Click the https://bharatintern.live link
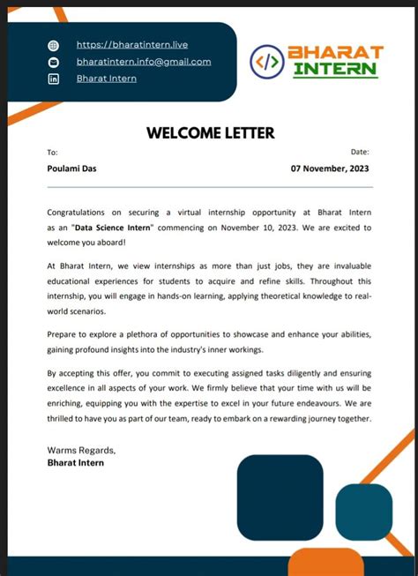pos(131,44)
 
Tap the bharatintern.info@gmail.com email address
pos(144,62)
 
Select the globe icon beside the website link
pos(53,45)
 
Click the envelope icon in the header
pos(53,62)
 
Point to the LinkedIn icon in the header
pos(53,79)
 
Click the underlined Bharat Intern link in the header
pos(106,79)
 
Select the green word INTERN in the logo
pos(336,69)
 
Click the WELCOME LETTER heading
pos(210,133)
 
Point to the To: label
pos(52,153)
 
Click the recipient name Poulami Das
pos(71,168)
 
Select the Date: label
pos(360,153)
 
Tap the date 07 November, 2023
pos(330,168)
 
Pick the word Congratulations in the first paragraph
pos(78,213)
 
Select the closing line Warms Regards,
pos(80,450)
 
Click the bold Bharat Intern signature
pos(75,462)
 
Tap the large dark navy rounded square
pos(280,497)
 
